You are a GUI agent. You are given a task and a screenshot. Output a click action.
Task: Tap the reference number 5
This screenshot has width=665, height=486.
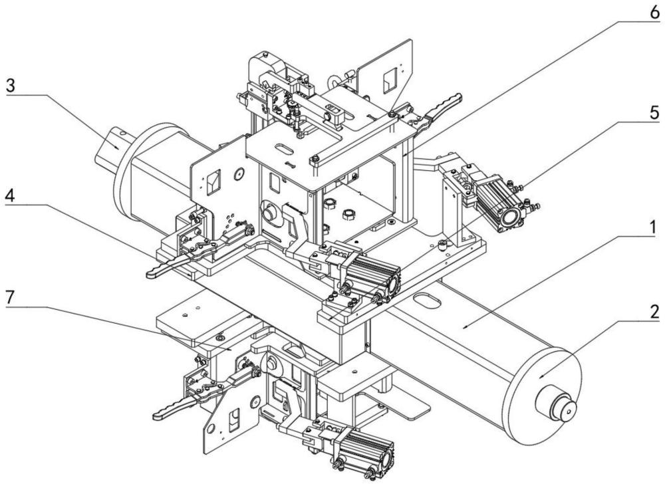click(x=654, y=113)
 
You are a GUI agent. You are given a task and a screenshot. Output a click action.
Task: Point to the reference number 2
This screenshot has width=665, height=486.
click(x=655, y=312)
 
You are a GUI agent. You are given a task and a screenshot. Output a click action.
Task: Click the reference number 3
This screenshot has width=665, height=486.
click(x=10, y=85)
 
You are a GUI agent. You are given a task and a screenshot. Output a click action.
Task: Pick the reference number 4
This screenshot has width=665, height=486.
click(x=10, y=195)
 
